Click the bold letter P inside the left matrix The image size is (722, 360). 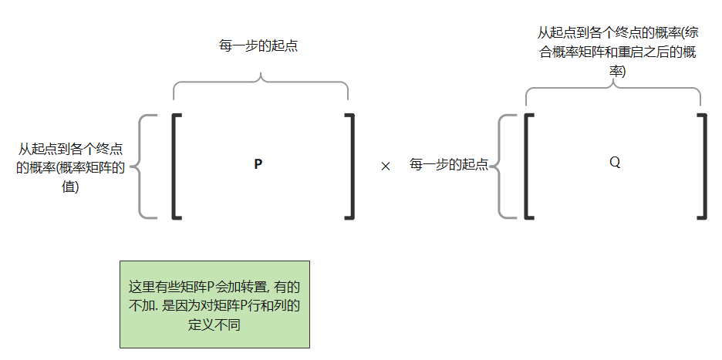pos(258,163)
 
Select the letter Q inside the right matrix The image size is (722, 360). pos(615,163)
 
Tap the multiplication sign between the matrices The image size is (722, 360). pos(386,166)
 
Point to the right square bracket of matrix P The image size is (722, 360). pos(350,166)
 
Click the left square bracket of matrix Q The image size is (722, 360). pos(529,166)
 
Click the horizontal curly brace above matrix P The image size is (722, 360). pos(261,86)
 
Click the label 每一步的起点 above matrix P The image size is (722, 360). pos(258,45)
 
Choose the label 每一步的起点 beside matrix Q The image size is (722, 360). pos(449,165)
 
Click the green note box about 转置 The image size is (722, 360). pos(214,304)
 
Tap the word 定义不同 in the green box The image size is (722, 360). pos(215,325)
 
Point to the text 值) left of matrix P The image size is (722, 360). pos(70,186)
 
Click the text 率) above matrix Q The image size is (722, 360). pos(617,71)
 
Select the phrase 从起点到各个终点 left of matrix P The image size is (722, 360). pos(71,149)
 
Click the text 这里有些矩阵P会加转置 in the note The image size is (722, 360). pos(197,287)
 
